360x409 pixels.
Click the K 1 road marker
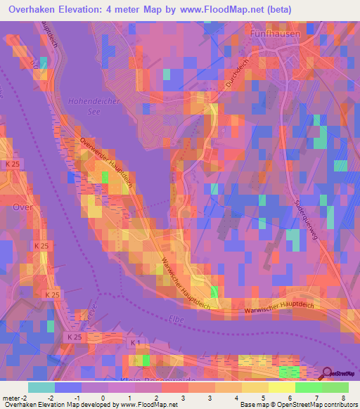[x=136, y=342]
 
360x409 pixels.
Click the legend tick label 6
[x=290, y=398]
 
